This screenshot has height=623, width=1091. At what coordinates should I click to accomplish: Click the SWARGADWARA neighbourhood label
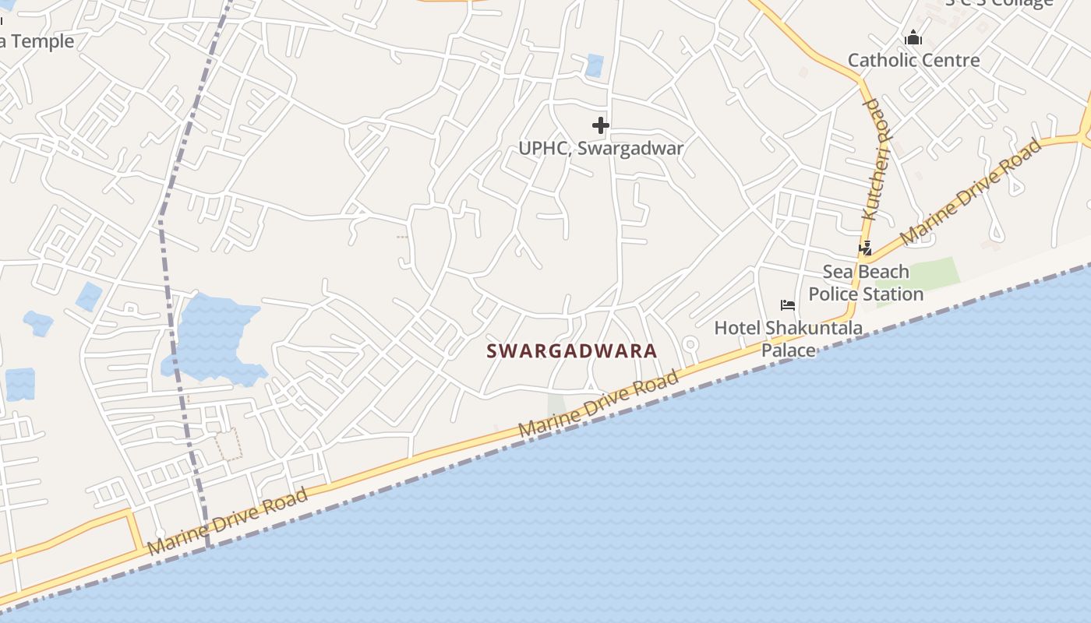[x=572, y=351]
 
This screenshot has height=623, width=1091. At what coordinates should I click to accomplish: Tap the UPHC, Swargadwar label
[x=601, y=148]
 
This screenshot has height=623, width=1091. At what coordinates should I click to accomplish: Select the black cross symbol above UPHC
[x=600, y=125]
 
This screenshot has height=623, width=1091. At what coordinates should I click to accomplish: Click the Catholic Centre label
[x=913, y=60]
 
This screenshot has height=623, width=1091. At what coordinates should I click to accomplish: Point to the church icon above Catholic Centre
[x=913, y=37]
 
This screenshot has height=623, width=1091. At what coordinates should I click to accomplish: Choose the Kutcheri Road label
[x=876, y=160]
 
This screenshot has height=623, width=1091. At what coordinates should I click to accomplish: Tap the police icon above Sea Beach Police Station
[x=865, y=248]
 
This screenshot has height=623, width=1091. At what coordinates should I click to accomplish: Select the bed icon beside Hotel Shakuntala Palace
[x=787, y=304]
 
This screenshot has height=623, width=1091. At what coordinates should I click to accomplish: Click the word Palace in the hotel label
[x=788, y=350]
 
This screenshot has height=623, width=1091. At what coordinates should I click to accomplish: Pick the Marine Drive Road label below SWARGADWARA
[x=598, y=405]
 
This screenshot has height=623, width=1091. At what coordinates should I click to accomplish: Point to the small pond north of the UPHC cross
[x=595, y=65]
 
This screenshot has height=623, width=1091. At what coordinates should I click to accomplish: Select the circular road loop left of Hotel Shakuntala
[x=690, y=343]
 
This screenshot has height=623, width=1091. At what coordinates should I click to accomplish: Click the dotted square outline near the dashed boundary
[x=228, y=443]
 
